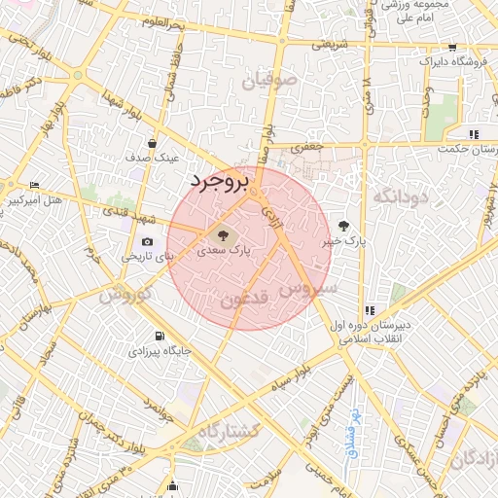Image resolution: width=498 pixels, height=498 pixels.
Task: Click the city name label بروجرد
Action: (220, 180)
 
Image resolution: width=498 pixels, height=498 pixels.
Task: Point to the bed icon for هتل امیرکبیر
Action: (35, 185)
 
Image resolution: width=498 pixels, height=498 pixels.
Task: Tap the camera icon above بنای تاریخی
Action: (147, 241)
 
